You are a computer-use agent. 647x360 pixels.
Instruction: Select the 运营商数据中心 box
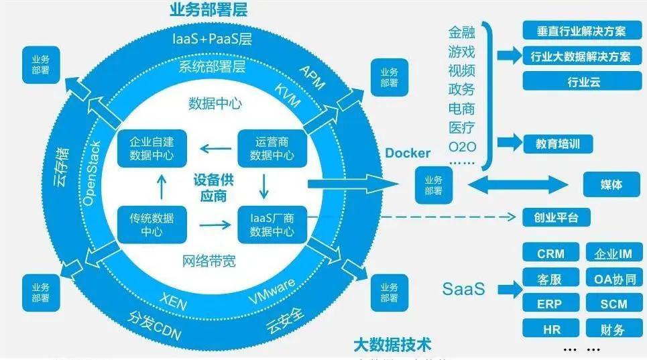click(x=272, y=149)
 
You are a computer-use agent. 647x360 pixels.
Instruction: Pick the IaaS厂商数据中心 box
click(x=272, y=225)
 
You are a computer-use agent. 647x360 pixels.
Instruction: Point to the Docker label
click(x=408, y=153)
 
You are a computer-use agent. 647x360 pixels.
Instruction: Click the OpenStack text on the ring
click(x=94, y=173)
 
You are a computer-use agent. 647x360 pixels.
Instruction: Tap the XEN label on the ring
click(x=173, y=300)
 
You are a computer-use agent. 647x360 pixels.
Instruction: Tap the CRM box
click(x=550, y=253)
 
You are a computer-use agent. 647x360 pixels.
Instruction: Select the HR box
click(x=550, y=329)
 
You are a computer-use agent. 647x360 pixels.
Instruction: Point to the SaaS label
click(x=463, y=290)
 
